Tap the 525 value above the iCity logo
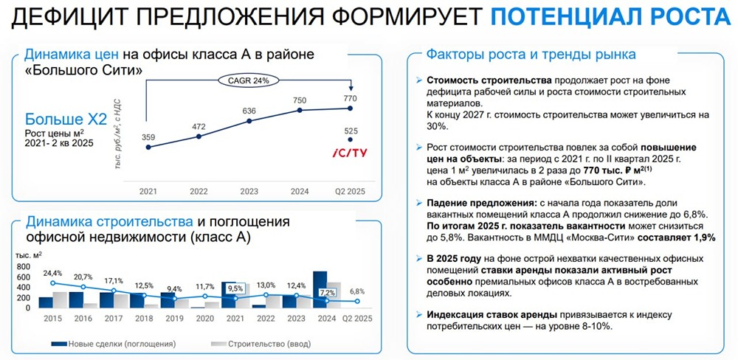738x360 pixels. tap(351, 131)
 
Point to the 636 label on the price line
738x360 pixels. tap(249, 111)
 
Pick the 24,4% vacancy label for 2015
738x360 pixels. tap(53, 274)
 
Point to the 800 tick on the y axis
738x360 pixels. tap(23, 267)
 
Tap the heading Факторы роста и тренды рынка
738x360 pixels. tap(531, 55)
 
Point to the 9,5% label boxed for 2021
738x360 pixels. tap(235, 288)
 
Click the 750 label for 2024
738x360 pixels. tap(300, 100)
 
